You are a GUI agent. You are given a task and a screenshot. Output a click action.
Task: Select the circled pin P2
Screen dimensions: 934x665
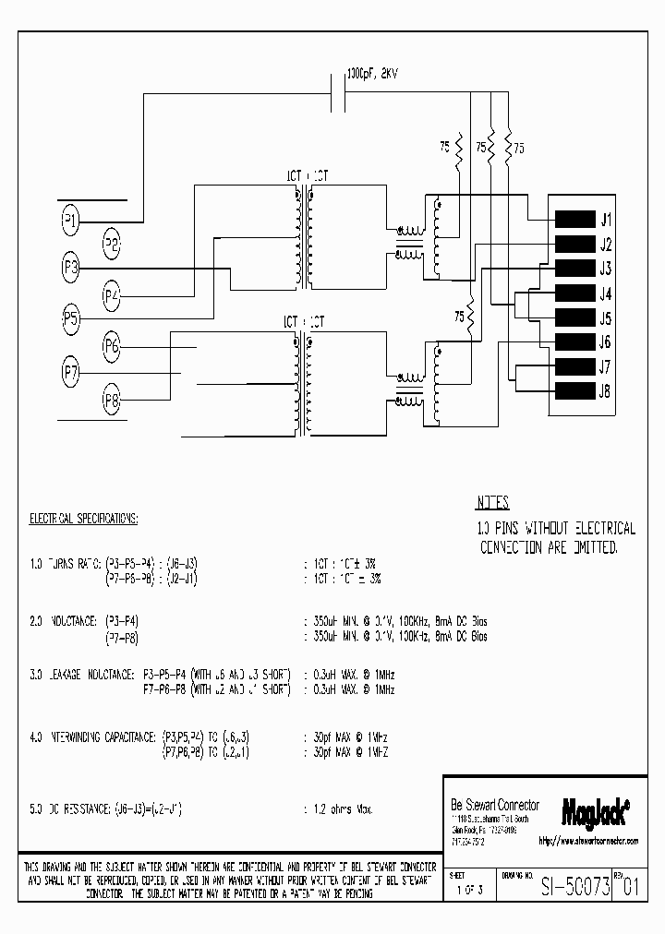112,245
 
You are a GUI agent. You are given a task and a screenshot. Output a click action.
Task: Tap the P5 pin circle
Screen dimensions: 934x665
71,318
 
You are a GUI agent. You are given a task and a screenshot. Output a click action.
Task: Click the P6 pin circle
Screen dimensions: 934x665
112,348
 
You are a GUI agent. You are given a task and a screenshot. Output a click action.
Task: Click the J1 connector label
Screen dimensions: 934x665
606,220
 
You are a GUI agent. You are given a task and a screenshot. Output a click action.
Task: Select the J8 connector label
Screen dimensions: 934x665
606,391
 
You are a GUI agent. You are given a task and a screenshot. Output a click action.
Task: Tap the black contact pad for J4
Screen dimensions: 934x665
573,294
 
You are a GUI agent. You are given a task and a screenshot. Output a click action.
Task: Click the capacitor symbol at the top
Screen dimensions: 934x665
338,92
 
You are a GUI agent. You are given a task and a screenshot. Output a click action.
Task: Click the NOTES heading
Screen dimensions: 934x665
492,504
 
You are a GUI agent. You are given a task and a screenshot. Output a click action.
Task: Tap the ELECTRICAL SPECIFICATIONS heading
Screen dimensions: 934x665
84,520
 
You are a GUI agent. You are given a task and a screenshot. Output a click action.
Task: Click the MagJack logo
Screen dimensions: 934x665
596,812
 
